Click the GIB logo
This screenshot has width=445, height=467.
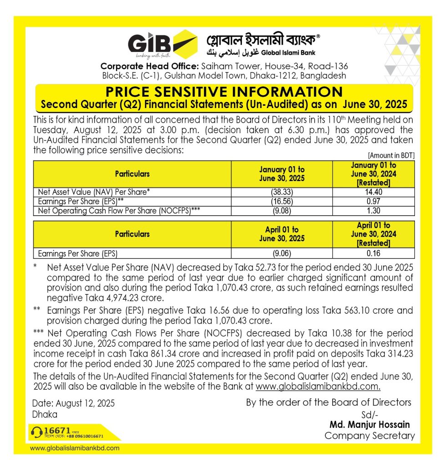pos(162,45)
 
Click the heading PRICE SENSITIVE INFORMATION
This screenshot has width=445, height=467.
pos(224,91)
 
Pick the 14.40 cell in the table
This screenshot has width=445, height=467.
pos(373,192)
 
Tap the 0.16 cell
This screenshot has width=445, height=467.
pos(373,254)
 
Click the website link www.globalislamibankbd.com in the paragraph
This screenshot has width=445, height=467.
pos(318,387)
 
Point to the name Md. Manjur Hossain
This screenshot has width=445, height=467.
pos(372,425)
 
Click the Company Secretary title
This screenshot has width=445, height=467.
pos(369,436)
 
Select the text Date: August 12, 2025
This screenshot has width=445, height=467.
pos(73,403)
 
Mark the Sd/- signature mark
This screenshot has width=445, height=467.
pos(367,415)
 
